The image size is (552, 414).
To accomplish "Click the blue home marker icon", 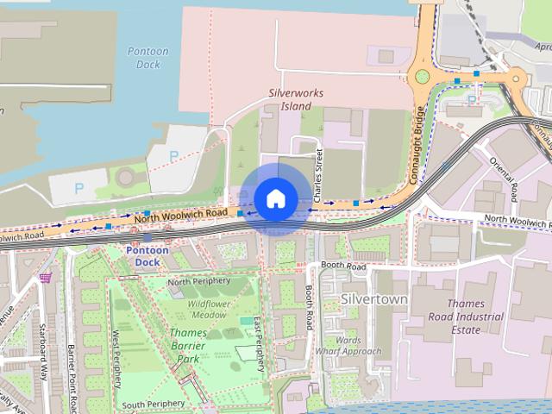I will pos(275,199).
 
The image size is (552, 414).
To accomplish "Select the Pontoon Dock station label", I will pos(142,255).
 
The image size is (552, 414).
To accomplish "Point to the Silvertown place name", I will pos(373,298).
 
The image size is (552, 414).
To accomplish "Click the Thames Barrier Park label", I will pos(188,345).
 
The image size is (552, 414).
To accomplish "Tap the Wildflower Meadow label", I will pos(208,309).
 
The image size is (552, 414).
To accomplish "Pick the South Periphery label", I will pos(153,404).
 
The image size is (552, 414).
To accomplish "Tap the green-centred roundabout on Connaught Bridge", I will pos(422,76).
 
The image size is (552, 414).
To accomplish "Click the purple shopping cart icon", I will pos(45,278).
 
